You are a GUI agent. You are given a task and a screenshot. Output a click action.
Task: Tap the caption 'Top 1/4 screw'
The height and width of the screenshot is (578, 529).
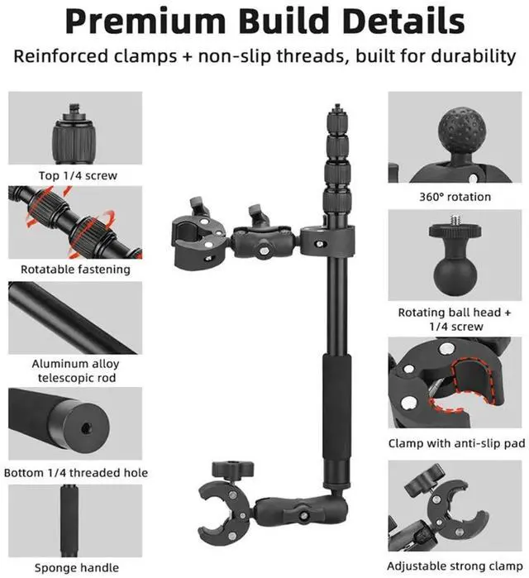77,175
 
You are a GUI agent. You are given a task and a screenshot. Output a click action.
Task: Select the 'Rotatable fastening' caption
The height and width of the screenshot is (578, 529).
76,269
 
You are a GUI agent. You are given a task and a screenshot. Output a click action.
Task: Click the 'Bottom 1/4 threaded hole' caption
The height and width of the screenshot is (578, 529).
76,472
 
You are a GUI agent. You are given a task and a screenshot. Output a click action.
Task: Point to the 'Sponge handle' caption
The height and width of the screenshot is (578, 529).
76,567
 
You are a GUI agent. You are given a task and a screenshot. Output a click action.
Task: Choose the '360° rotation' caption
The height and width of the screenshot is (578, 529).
455,197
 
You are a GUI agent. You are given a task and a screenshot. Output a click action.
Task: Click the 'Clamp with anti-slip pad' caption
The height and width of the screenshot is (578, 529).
456,443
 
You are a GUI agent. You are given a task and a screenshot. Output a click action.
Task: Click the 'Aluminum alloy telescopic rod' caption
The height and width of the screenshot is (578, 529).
76,370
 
